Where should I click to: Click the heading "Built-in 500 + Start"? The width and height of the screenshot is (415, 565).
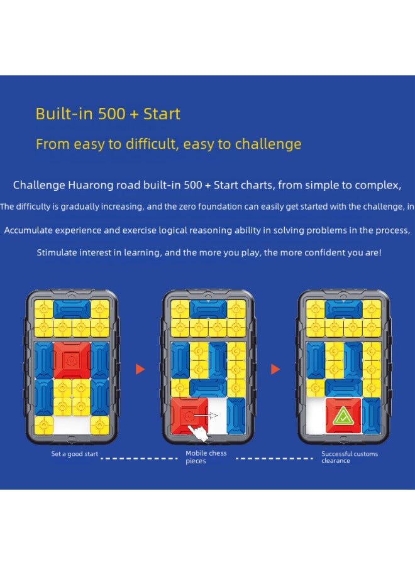pyautogui.click(x=108, y=114)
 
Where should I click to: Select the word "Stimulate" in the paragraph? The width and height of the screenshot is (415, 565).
pyautogui.click(x=58, y=252)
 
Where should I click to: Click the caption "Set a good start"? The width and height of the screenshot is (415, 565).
pyautogui.click(x=75, y=454)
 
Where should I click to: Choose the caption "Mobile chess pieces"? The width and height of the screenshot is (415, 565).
pyautogui.click(x=206, y=457)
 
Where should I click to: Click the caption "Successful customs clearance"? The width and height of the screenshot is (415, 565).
pyautogui.click(x=350, y=457)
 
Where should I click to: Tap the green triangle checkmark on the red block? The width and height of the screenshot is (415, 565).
pyautogui.click(x=343, y=415)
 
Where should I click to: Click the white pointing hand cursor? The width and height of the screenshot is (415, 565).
pyautogui.click(x=200, y=431)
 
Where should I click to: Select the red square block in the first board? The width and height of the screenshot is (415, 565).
pyautogui.click(x=70, y=360)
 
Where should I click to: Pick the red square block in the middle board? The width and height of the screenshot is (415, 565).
pyautogui.click(x=189, y=415)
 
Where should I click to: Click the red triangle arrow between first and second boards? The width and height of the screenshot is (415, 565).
pyautogui.click(x=140, y=369)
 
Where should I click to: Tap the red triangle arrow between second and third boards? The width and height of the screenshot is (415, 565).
pyautogui.click(x=275, y=369)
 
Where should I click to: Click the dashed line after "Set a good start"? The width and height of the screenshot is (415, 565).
pyautogui.click(x=139, y=458)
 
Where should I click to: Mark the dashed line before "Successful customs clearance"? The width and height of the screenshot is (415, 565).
pyautogui.click(x=275, y=458)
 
